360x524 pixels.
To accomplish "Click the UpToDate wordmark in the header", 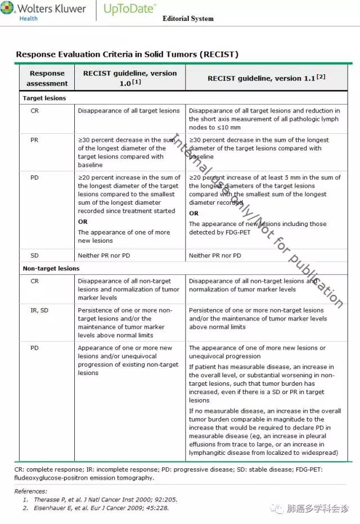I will (x=130, y=10).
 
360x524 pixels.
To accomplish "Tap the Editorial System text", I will (x=188, y=19).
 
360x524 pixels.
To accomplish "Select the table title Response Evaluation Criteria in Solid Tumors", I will (x=127, y=55).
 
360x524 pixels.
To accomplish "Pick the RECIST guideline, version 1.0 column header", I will (x=130, y=78).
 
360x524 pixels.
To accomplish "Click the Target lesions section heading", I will (x=44, y=98).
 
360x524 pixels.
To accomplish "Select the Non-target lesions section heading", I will (x=51, y=268).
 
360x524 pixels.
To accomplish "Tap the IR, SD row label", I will (x=39, y=310).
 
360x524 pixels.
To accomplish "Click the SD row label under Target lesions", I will (x=35, y=255).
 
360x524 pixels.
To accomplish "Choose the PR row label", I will (x=35, y=140).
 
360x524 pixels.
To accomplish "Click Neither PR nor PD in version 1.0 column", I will (x=104, y=255).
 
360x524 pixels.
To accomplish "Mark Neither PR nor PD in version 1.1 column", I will (x=215, y=255).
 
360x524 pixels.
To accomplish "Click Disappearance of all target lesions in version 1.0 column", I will (x=129, y=111).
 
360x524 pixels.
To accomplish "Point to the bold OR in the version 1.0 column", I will (x=83, y=222).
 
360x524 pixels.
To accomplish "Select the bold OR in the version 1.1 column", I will (x=193, y=213).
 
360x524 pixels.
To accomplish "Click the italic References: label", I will (x=30, y=491).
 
